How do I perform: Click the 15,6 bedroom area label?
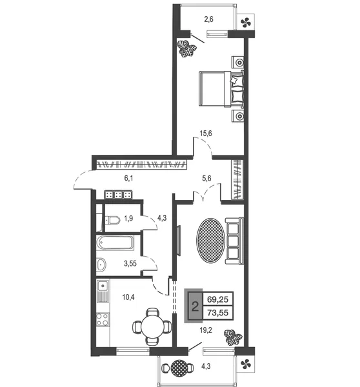(206, 134)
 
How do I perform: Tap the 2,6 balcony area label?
(208, 19)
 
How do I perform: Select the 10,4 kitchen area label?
(128, 297)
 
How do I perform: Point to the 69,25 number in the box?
(218, 299)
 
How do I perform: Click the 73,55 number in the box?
(218, 313)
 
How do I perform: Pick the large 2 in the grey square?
(195, 307)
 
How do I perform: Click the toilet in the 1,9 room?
(113, 220)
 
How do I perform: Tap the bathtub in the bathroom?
(115, 243)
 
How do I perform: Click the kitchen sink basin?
(103, 286)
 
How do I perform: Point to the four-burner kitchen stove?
(103, 319)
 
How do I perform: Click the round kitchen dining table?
(153, 326)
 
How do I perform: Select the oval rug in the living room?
(210, 241)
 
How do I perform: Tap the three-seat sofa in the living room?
(234, 241)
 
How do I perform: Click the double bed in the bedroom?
(221, 89)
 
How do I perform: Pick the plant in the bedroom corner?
(187, 48)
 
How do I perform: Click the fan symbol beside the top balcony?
(246, 23)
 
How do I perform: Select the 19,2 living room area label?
(206, 330)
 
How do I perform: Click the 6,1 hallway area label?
(128, 178)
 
